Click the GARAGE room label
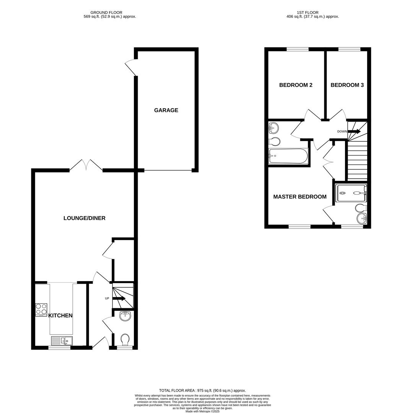coord(166,110)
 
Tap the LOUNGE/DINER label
coord(84,218)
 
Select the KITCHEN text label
coord(60,315)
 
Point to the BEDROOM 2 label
coord(296,85)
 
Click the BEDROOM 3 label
coord(347,85)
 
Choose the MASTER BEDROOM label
coord(299,197)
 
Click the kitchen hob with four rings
coord(41,309)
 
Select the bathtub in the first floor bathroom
coord(288,156)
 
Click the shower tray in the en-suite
coord(351,193)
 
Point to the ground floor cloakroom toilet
coord(125,339)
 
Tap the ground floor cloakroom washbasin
coord(125,315)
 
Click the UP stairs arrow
coord(120,299)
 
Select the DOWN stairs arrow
coord(354,132)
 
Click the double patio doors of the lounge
coord(86,165)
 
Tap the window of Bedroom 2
coord(298,49)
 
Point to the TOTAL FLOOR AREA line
coord(202,390)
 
